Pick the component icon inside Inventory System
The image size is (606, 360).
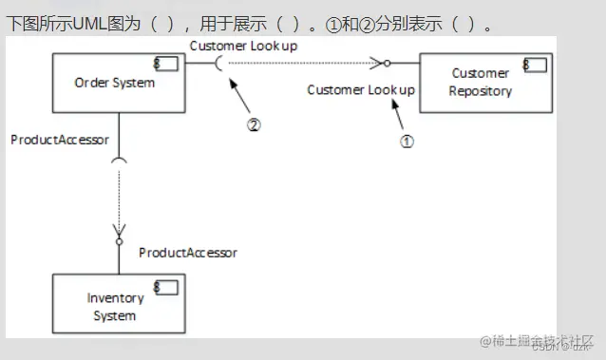click(x=166, y=288)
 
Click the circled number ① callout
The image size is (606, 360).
click(x=407, y=140)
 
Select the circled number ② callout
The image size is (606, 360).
click(x=254, y=123)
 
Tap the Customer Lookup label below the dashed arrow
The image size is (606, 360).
click(x=361, y=89)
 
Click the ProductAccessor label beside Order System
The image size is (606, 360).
click(x=60, y=139)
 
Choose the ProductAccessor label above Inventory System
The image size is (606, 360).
click(x=188, y=252)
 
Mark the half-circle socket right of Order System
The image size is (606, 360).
click(x=221, y=64)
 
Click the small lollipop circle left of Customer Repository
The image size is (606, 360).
click(x=387, y=64)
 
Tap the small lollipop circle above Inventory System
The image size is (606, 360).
click(x=119, y=242)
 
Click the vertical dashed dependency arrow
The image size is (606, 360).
click(x=119, y=199)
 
